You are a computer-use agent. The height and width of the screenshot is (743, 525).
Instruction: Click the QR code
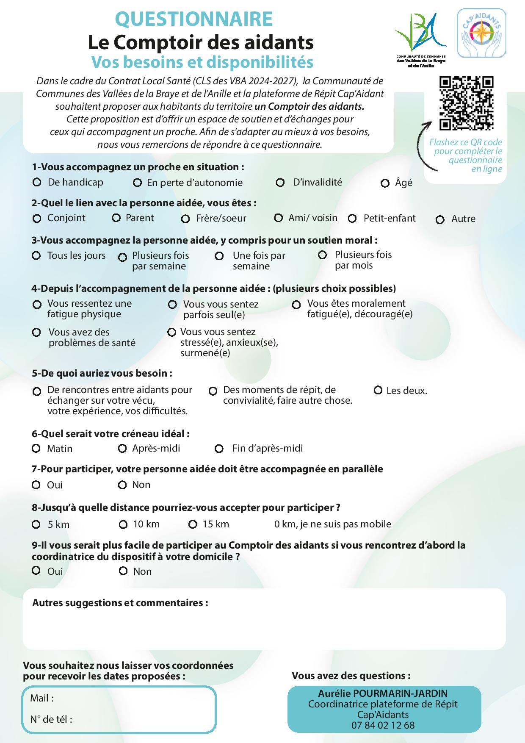(466, 103)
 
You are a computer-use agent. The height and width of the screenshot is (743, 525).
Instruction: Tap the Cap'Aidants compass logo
(481, 33)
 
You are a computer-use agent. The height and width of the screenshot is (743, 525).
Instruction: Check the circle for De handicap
(37, 182)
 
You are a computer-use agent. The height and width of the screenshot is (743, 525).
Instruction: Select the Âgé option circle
(385, 183)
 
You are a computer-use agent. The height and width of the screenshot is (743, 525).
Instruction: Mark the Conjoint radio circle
(37, 219)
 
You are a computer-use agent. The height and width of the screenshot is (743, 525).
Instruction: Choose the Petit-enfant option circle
(352, 219)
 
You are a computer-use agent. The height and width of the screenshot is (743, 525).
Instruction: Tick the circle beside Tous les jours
(36, 255)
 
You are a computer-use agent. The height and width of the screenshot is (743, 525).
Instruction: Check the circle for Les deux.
(378, 390)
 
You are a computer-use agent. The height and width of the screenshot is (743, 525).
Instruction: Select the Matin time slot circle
(36, 448)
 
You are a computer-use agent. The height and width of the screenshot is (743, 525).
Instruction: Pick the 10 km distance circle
(123, 525)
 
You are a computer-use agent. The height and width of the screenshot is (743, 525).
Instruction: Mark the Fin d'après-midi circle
(219, 449)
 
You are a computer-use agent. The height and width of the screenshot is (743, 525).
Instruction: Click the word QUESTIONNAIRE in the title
(194, 19)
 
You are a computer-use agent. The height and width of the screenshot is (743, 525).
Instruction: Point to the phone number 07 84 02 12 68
(383, 725)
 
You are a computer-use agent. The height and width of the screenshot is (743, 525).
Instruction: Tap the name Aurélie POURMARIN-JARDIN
(383, 693)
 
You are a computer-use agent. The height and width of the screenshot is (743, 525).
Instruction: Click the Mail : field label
(42, 698)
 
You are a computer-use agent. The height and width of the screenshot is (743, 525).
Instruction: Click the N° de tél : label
(51, 719)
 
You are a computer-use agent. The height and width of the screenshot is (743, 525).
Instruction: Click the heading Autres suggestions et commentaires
(120, 603)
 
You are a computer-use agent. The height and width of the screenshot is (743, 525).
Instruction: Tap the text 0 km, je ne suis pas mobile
(332, 524)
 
